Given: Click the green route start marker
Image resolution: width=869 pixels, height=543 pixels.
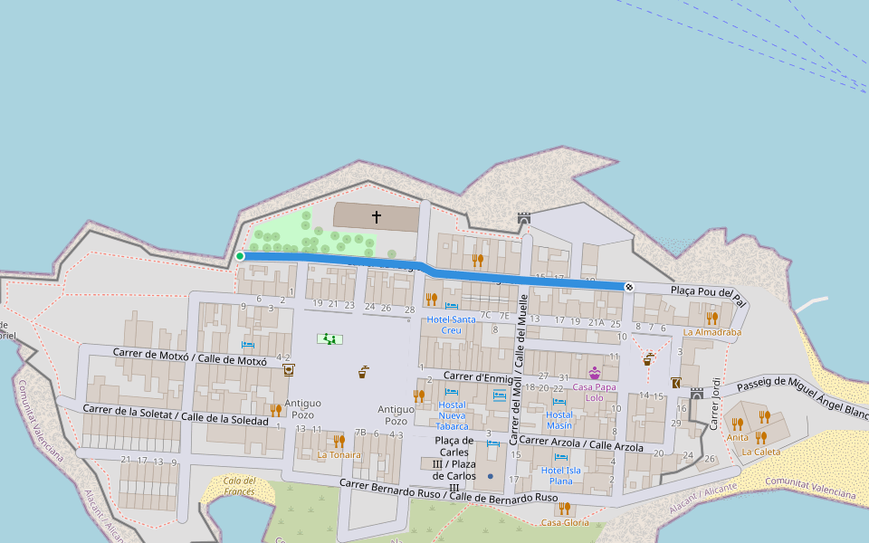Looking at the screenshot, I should pyautogui.click(x=240, y=256).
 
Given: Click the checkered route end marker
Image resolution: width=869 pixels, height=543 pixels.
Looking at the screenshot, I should pyautogui.click(x=629, y=287).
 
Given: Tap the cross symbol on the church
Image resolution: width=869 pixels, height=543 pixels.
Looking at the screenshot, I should pyautogui.click(x=377, y=217).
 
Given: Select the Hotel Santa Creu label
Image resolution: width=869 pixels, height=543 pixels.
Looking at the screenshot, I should pyautogui.click(x=451, y=325).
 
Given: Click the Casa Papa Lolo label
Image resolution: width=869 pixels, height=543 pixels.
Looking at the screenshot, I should pyautogui.click(x=594, y=392).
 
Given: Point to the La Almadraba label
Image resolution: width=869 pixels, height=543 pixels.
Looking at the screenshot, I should pyautogui.click(x=712, y=332).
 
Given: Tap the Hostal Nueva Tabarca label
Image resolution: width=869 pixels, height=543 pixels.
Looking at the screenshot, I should pyautogui.click(x=452, y=415).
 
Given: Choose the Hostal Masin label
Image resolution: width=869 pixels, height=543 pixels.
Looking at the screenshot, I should pyautogui.click(x=559, y=420).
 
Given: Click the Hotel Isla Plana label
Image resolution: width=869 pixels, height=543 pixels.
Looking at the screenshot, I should pyautogui.click(x=561, y=475).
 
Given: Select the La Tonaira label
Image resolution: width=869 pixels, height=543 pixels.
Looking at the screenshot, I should pyautogui.click(x=339, y=455).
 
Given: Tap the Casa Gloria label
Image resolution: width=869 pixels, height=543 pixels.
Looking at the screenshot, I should pyautogui.click(x=564, y=522).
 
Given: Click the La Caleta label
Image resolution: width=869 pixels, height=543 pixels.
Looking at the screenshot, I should pyautogui.click(x=760, y=452).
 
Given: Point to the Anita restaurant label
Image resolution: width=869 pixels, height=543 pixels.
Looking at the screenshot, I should pyautogui.click(x=738, y=437).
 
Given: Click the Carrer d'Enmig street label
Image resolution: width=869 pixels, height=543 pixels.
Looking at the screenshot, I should pyautogui.click(x=478, y=376).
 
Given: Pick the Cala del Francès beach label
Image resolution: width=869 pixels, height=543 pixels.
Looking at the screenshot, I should pyautogui.click(x=240, y=486).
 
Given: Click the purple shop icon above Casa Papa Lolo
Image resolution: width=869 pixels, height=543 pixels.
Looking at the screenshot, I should pyautogui.click(x=595, y=373).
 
